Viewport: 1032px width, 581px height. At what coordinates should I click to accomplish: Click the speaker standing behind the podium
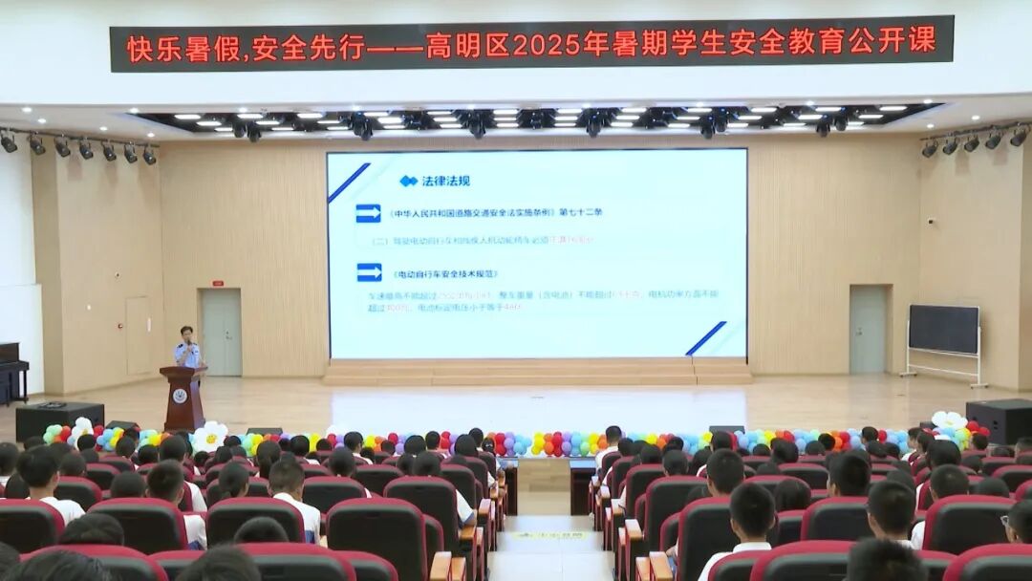[187, 348]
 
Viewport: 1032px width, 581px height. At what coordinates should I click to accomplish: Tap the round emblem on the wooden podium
[180, 396]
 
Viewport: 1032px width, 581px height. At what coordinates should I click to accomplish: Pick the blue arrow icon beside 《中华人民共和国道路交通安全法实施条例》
[368, 213]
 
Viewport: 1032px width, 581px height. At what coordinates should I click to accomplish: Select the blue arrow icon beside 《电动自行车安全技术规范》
[369, 272]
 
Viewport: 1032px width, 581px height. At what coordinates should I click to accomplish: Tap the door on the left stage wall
[221, 332]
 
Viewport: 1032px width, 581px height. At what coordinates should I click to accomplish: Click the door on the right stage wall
[868, 330]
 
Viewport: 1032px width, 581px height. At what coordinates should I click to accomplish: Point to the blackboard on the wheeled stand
[943, 329]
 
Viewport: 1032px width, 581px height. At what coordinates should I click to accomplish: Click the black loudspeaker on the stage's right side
[1000, 420]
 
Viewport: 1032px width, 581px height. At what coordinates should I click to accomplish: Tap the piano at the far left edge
[11, 367]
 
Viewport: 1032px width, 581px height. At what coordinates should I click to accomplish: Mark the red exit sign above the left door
[218, 283]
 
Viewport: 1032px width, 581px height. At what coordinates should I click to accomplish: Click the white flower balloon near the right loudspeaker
[948, 420]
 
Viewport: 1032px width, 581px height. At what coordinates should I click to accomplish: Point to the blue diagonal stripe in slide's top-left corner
[348, 183]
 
